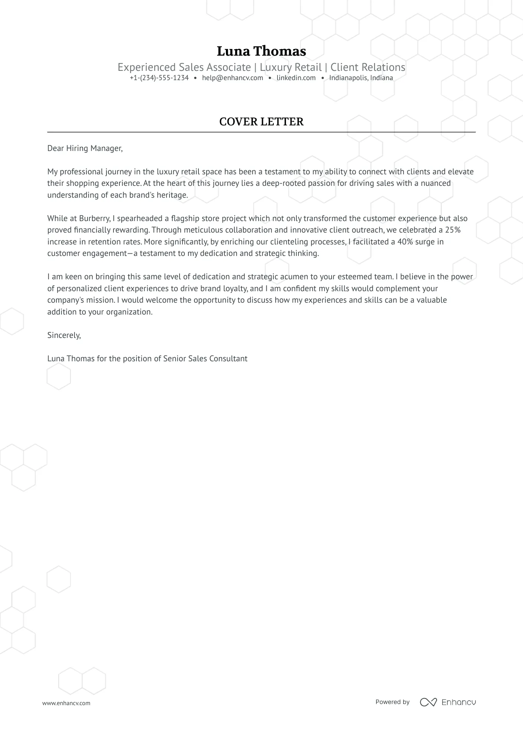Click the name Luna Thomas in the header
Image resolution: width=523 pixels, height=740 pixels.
261,51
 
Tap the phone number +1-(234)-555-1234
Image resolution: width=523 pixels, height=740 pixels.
159,78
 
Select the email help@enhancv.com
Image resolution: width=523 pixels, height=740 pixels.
233,78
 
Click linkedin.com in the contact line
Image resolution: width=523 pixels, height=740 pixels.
296,78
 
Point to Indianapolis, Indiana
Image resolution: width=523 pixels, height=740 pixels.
361,78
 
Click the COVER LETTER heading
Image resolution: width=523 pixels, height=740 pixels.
261,122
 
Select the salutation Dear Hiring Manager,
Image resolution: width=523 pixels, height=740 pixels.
85,148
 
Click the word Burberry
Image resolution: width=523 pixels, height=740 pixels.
94,218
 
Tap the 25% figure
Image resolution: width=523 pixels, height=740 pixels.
453,230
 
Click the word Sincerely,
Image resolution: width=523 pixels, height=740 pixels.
64,335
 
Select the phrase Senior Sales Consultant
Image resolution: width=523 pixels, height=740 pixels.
205,359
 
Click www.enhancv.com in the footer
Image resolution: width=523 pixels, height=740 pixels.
66,703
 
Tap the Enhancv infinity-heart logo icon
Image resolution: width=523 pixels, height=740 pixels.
428,702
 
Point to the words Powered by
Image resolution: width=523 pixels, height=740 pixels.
392,702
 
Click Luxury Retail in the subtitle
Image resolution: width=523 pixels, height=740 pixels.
290,67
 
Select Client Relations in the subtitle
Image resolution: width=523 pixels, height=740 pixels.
368,67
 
